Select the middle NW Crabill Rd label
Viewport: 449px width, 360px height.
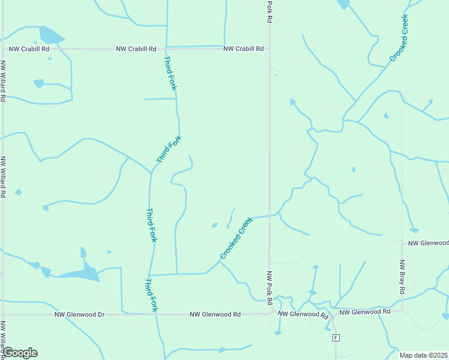point(136,49)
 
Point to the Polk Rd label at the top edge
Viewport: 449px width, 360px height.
point(270,11)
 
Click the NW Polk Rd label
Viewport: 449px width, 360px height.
point(270,286)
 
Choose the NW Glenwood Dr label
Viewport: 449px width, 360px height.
point(79,314)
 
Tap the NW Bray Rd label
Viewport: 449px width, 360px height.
point(403,277)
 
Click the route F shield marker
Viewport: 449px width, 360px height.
point(336,338)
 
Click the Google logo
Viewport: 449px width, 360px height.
point(20,353)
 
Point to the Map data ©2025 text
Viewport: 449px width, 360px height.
point(423,355)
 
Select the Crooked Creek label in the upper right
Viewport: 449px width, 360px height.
point(399,37)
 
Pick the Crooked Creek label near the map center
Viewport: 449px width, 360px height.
point(237,238)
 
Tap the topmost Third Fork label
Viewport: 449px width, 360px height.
point(170,73)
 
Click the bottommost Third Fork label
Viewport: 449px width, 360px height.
point(151,295)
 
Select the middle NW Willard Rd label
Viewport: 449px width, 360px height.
point(4,178)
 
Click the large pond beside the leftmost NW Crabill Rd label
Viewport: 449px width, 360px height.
point(50,35)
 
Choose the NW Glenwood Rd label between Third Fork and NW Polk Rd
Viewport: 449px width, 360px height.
point(215,314)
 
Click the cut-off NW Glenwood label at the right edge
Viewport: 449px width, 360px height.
point(428,243)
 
